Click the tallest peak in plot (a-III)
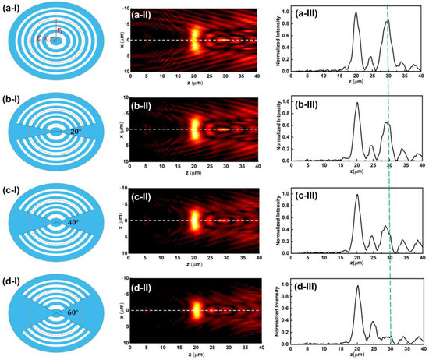(356, 12)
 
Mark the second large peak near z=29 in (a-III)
(386, 22)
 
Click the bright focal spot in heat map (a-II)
(196, 38)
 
